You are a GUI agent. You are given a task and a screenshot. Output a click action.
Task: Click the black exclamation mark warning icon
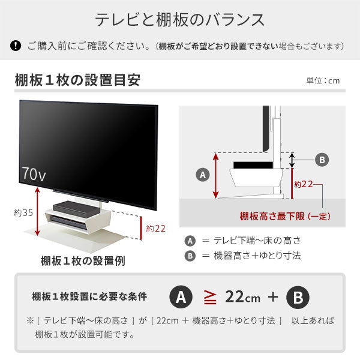pyautogui.click(x=16, y=46)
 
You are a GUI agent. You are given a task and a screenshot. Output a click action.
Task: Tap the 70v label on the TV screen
pyautogui.click(x=34, y=174)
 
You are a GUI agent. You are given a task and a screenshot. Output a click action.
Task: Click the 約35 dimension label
pyautogui.click(x=23, y=213)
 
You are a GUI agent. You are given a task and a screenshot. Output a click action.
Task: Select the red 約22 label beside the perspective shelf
pyautogui.click(x=155, y=229)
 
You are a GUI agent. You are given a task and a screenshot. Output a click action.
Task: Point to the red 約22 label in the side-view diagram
pyautogui.click(x=304, y=184)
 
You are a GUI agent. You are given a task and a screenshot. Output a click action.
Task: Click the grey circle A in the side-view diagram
pyautogui.click(x=203, y=175)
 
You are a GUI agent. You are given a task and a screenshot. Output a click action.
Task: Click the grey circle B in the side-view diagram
pyautogui.click(x=322, y=160)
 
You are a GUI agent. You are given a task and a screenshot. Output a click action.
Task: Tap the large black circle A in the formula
pyautogui.click(x=181, y=297)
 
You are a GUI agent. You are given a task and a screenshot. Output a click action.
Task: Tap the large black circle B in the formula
pyautogui.click(x=298, y=298)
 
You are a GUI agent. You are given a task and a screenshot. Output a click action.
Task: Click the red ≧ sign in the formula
pyautogui.click(x=210, y=297)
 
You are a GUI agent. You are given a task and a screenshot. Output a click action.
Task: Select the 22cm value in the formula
pyautogui.click(x=242, y=297)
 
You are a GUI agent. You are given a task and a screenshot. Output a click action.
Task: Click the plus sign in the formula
pyautogui.click(x=273, y=297)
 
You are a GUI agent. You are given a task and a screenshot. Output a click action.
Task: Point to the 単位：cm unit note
pyautogui.click(x=323, y=80)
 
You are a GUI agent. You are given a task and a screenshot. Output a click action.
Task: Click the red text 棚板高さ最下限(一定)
pyautogui.click(x=285, y=216)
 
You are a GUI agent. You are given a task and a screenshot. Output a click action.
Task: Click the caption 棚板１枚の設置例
pyautogui.click(x=83, y=261)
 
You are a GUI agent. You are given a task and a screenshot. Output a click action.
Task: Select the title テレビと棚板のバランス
pyautogui.click(x=180, y=20)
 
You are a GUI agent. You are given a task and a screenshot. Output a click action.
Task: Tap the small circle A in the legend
pyautogui.click(x=190, y=241)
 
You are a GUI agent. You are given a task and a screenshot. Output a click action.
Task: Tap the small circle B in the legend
pyautogui.click(x=190, y=256)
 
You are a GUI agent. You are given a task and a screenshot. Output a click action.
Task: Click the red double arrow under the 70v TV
pyautogui.click(x=37, y=211)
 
